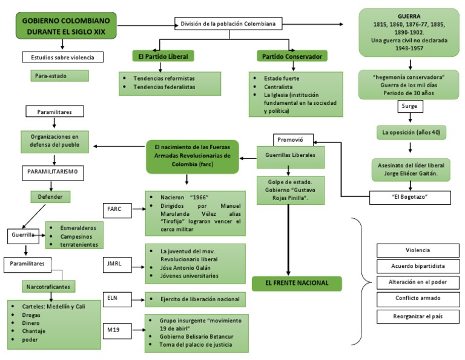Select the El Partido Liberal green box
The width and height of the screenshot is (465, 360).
coord(163,56)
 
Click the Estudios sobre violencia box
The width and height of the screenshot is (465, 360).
coord(63,58)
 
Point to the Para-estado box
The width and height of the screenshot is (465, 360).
coord(59,76)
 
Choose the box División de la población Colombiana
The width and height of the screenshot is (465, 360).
coord(228,24)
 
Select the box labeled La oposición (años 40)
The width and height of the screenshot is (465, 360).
coord(409,132)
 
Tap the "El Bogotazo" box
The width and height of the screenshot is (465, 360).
coord(410,197)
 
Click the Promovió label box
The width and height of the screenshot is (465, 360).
coord(290,139)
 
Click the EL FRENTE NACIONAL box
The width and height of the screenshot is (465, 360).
coord(296,282)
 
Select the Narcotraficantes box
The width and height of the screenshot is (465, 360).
coord(47,285)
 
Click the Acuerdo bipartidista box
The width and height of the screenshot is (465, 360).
coord(417,266)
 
